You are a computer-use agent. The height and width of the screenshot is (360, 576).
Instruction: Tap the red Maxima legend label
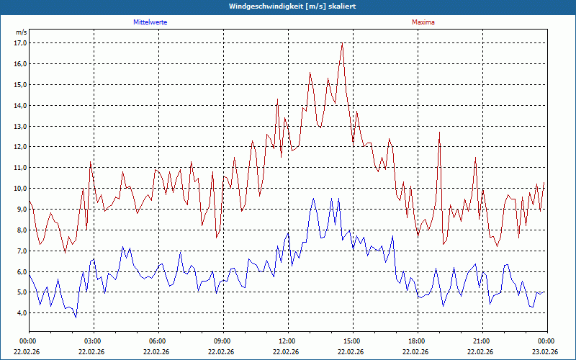[x=423, y=22]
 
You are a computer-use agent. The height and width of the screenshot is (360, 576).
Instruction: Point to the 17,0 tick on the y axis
[x=20, y=42]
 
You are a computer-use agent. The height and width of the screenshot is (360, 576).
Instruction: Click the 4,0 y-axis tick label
[x=20, y=313]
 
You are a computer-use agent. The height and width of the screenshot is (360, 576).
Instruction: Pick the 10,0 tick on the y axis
[x=20, y=189]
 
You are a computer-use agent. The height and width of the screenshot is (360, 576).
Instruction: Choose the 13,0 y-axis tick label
[x=20, y=126]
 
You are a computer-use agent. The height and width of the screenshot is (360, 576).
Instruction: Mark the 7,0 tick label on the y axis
[x=20, y=251]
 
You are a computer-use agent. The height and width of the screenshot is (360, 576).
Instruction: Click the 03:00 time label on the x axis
[x=93, y=341]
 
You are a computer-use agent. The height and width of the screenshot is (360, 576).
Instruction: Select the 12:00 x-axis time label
[x=287, y=341]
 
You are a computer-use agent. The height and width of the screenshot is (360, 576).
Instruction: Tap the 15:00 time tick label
[x=351, y=341]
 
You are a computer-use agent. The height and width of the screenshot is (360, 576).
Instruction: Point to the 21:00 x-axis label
[x=481, y=341]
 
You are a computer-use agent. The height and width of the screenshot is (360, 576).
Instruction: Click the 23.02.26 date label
[x=545, y=352]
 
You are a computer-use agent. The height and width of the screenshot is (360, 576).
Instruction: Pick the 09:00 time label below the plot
[x=222, y=341]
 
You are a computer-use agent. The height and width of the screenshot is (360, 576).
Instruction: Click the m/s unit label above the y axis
[x=21, y=32]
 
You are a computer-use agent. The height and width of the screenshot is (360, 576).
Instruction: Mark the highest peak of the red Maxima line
[x=342, y=44]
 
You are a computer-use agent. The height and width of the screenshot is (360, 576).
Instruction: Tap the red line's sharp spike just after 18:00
[x=439, y=132]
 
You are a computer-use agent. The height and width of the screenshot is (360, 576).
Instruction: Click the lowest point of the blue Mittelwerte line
[x=76, y=317]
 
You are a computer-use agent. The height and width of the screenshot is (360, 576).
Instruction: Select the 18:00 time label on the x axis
[x=416, y=341]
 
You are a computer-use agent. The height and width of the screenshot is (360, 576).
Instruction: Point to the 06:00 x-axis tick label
[x=157, y=341]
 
